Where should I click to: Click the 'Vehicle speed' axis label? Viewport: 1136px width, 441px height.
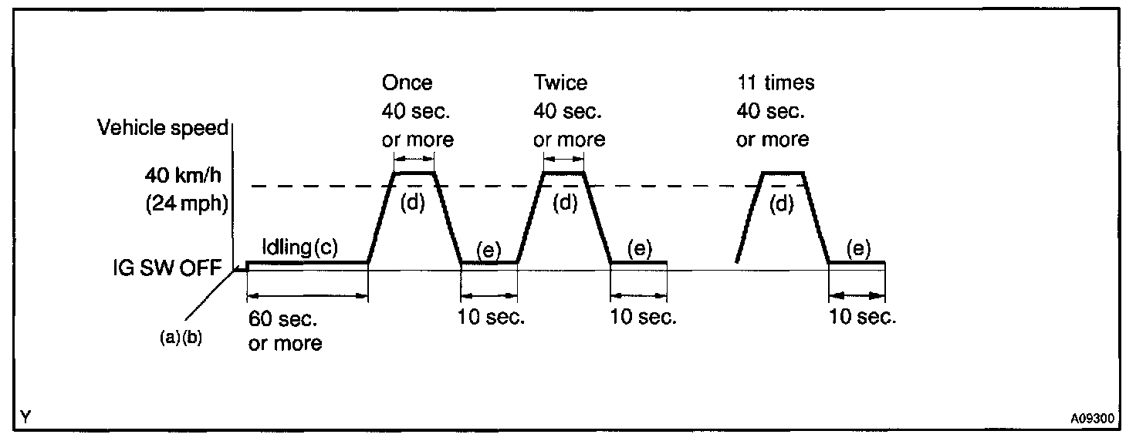163,128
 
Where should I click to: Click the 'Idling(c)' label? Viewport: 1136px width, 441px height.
299,247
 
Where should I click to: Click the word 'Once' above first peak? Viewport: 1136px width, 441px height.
407,82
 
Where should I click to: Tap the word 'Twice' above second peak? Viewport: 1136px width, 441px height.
560,82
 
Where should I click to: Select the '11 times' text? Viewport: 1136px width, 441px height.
776,82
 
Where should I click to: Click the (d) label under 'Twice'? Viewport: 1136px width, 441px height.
566,204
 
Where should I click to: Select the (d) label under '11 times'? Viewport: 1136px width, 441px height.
783,204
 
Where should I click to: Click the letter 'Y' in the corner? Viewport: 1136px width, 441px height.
26,418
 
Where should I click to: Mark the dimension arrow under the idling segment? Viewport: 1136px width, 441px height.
307,295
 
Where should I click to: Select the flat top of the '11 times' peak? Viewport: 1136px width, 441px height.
783,173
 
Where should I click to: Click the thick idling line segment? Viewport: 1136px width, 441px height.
307,262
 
